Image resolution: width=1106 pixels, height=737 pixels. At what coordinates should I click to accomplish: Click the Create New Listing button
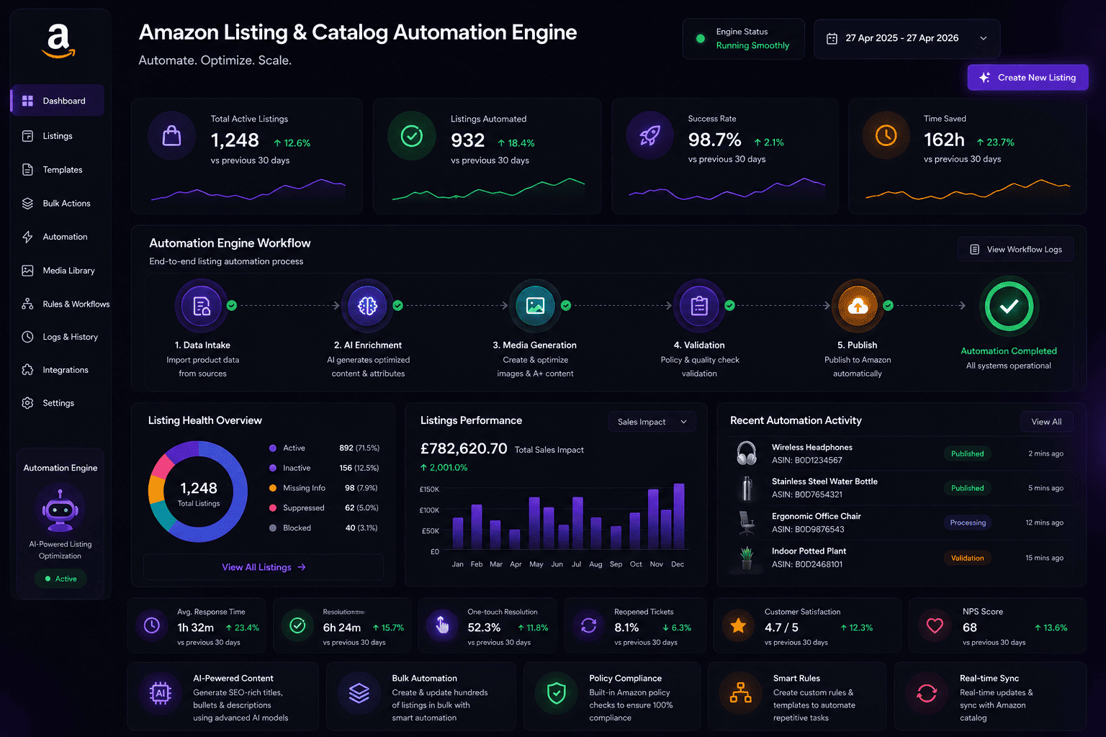click(x=1028, y=78)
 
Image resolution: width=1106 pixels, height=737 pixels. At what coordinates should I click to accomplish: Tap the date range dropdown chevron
click(x=983, y=38)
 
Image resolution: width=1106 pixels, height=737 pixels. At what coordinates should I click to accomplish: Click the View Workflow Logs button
click(x=1015, y=249)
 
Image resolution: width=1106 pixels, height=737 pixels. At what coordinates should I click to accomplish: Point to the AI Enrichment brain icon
click(x=367, y=306)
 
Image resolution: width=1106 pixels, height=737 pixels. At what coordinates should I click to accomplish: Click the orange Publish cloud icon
click(x=858, y=306)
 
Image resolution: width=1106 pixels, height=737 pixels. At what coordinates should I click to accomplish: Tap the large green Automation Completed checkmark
click(x=1009, y=307)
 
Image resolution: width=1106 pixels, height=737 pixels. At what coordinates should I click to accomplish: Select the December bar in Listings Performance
click(x=679, y=516)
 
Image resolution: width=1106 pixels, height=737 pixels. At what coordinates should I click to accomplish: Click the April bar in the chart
click(x=515, y=539)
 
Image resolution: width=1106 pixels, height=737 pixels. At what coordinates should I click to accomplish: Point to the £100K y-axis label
click(x=429, y=510)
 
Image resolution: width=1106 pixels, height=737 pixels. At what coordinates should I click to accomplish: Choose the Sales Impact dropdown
click(x=652, y=422)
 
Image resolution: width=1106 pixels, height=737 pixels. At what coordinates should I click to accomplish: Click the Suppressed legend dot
click(x=273, y=508)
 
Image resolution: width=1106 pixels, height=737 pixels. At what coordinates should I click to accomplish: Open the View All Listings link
click(x=264, y=567)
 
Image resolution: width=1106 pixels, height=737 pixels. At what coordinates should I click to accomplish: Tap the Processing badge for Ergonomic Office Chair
click(x=967, y=523)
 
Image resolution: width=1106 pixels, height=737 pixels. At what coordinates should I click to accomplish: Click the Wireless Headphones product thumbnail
click(x=746, y=453)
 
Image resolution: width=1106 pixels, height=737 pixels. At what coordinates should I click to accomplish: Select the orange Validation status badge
click(x=967, y=558)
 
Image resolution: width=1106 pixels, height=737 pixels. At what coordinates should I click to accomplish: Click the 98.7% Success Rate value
click(x=714, y=140)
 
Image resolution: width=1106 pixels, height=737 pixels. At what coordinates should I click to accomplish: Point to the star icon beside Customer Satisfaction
click(x=738, y=625)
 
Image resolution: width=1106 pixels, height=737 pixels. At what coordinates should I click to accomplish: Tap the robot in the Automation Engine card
click(x=60, y=510)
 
